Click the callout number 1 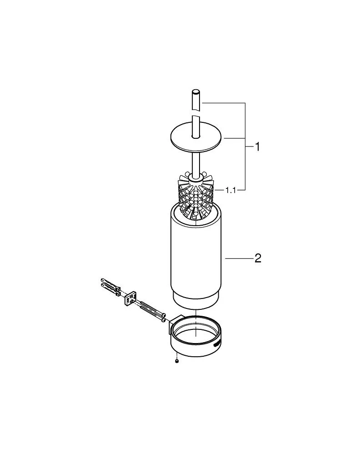tap(257, 147)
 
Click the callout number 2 tap(258, 259)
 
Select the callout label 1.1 tap(231, 191)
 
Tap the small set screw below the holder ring tap(177, 361)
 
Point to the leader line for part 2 tap(239, 259)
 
